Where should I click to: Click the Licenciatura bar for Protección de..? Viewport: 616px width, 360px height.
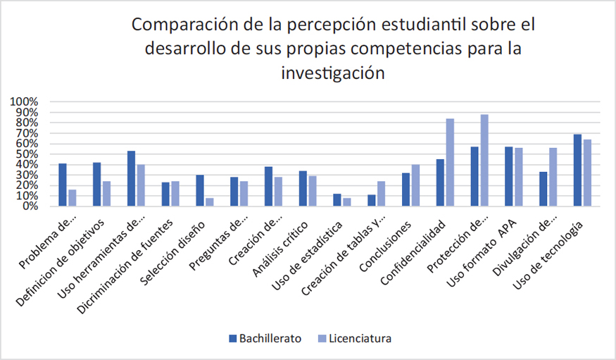coord(484,160)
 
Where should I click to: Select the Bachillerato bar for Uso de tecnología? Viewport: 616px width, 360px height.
coord(577,170)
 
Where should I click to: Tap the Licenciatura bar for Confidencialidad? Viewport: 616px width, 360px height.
coord(450,162)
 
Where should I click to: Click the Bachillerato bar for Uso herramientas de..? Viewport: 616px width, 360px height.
coord(131,178)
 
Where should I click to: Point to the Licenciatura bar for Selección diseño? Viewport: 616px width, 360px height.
coord(210,202)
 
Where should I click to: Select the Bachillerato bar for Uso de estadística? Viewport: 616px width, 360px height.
coord(337,200)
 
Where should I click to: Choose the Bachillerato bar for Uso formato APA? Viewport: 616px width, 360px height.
coord(508,176)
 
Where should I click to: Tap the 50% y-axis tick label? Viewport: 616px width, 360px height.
coord(27,154)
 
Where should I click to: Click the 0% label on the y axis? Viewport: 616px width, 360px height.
coord(30,206)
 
